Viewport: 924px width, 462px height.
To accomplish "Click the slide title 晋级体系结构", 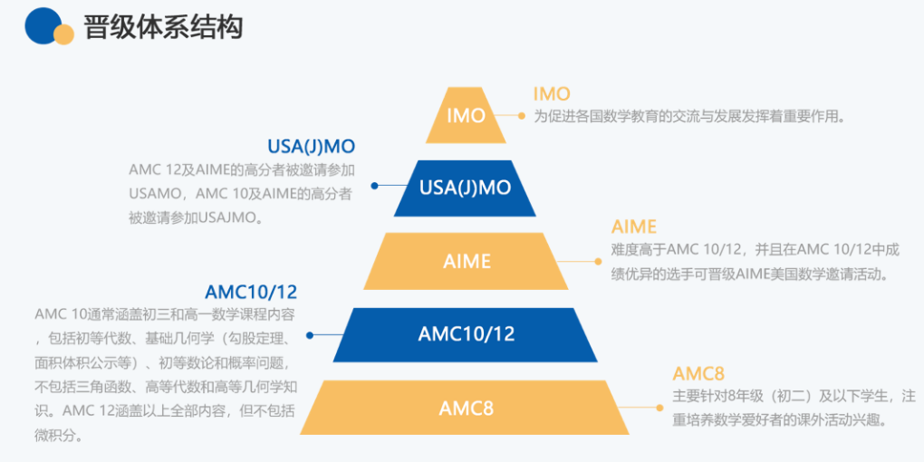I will tap(164, 27).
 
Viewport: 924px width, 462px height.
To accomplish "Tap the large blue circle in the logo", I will tap(42, 25).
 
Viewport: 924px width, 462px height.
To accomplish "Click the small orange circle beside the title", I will tap(63, 34).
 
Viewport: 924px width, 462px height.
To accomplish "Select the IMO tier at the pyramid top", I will tap(467, 115).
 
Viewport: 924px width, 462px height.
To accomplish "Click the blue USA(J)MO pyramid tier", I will tap(465, 188).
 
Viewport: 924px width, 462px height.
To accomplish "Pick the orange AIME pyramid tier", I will tap(467, 261).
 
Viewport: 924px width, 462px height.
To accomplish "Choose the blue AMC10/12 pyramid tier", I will tap(466, 334).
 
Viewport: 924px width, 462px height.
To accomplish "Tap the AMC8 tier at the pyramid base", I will tap(466, 408).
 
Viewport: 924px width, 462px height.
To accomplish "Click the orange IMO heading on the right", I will tap(552, 94).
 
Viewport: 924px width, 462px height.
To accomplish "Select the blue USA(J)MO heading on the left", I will tap(311, 147).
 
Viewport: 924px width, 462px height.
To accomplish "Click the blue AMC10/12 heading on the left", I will tap(251, 292).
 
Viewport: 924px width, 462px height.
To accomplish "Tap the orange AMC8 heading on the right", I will tap(698, 374).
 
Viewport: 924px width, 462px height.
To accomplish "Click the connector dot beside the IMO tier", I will tap(522, 116).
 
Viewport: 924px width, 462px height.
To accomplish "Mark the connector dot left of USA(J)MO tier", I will tap(376, 186).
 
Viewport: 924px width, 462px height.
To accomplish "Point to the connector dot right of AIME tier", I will tap(598, 261).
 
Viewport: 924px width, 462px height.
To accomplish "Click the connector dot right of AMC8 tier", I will tap(659, 408).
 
